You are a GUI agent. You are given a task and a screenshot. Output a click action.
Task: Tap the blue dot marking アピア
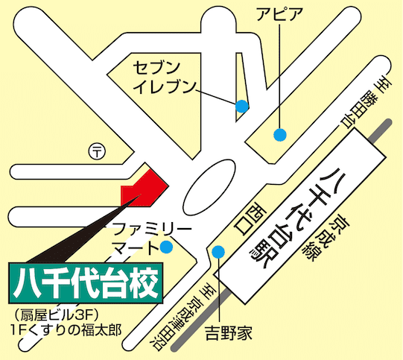(x=280, y=135)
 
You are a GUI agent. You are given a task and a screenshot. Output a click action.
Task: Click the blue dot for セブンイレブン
(x=241, y=106)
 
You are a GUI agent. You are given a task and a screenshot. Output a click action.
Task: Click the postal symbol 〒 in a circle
(x=98, y=151)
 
